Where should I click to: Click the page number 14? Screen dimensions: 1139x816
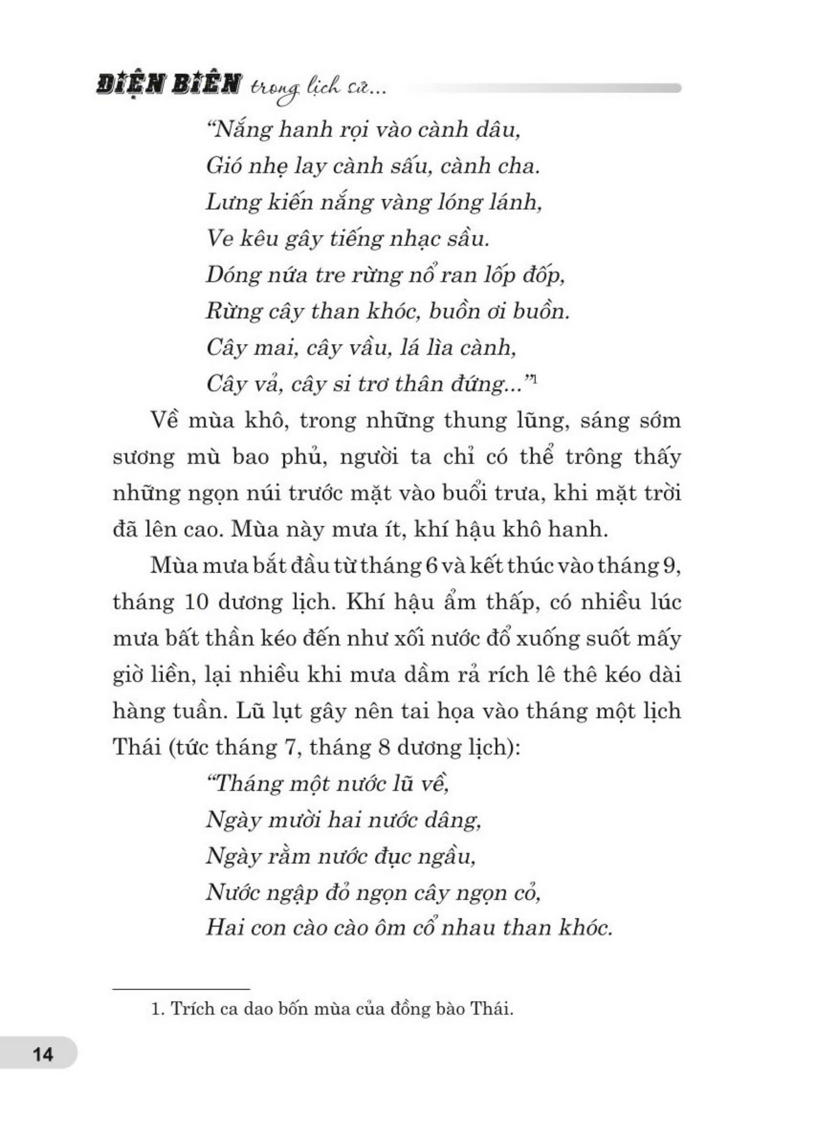[x=43, y=1053]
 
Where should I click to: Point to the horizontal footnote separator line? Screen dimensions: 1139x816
[x=181, y=989]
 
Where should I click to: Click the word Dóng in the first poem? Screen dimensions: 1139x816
[x=231, y=276]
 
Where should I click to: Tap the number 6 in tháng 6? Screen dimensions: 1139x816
[x=431, y=566]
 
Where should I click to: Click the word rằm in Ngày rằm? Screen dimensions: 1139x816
[x=288, y=856]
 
